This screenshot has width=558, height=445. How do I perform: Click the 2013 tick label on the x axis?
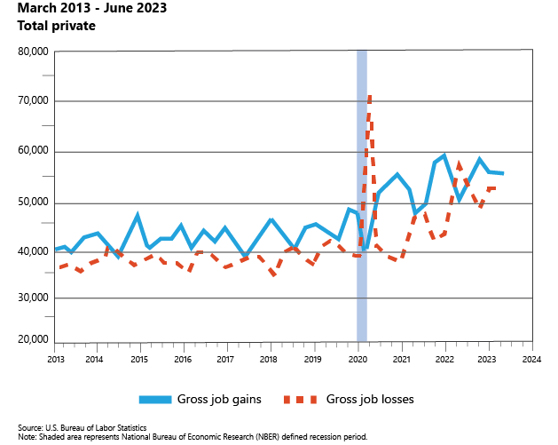[x=55, y=360]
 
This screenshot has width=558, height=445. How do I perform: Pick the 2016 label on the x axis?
[x=182, y=360]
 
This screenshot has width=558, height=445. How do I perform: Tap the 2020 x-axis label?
[x=357, y=360]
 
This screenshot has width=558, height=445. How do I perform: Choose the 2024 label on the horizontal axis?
[x=531, y=360]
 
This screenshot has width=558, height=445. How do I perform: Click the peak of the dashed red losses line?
[x=369, y=96]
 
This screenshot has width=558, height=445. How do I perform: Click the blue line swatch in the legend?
[x=157, y=400]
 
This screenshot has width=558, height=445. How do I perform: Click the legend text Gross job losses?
[x=371, y=400]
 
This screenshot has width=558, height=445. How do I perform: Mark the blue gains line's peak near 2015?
[x=138, y=215]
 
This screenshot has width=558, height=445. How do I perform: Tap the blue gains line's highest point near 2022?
[x=444, y=155]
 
